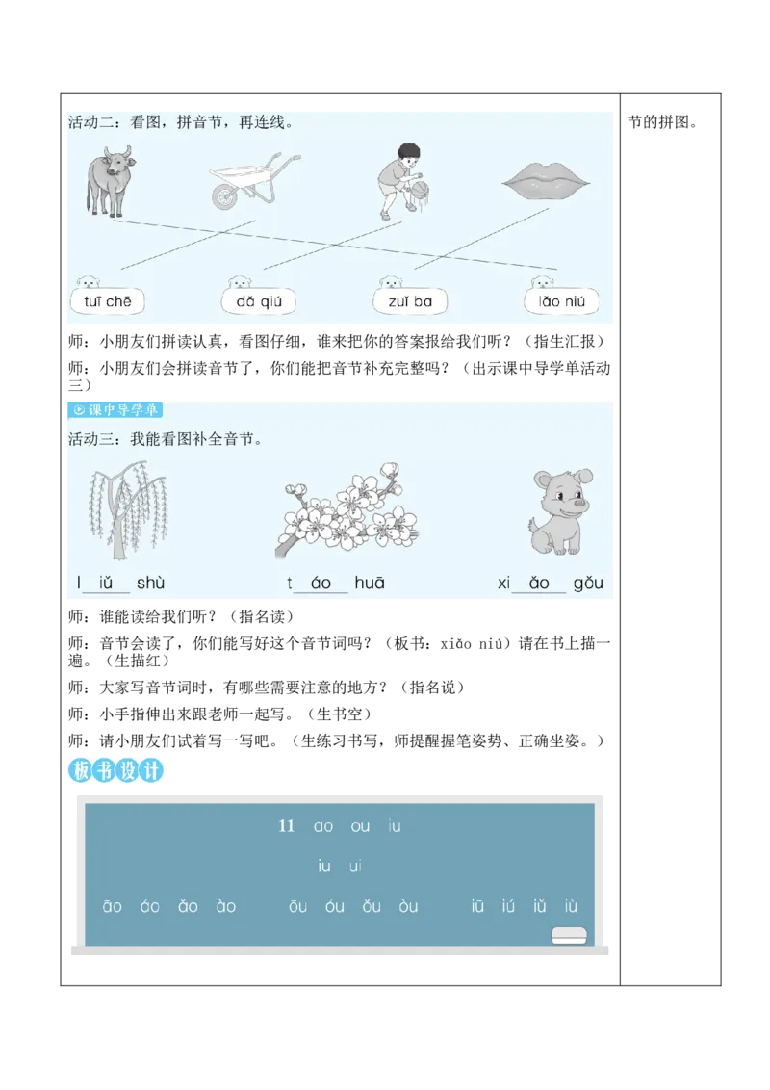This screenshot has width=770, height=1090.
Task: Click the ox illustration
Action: (107, 180)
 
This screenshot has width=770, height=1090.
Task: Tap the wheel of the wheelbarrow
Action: (224, 196)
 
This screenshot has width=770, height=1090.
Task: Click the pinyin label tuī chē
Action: (107, 301)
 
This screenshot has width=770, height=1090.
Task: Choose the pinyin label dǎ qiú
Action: (258, 301)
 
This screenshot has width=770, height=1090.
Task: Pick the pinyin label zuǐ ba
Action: (410, 301)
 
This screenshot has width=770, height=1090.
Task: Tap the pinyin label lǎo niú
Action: (561, 301)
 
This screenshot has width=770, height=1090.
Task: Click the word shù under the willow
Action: (150, 583)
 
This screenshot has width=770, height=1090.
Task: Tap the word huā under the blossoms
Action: (370, 583)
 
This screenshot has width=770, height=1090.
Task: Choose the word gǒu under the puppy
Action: (587, 583)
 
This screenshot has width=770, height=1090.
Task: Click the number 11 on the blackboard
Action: (286, 826)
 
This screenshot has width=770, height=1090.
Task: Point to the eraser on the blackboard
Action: (569, 934)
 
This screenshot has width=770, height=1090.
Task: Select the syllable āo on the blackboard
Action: (113, 906)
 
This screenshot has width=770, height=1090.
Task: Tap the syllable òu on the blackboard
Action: (408, 906)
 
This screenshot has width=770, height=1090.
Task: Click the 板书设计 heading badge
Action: (116, 770)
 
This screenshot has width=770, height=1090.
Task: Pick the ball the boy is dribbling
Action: (421, 189)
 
